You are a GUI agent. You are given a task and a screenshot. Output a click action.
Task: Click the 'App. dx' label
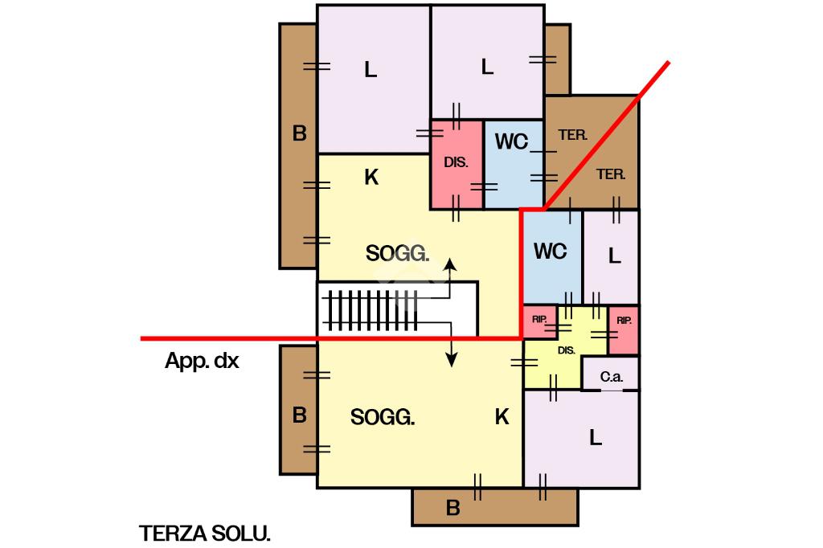click(202, 362)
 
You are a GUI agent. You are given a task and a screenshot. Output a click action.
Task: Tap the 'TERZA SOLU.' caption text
click(205, 534)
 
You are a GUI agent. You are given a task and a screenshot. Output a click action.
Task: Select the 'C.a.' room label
click(608, 376)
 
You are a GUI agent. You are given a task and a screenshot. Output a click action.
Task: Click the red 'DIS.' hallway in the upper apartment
click(456, 162)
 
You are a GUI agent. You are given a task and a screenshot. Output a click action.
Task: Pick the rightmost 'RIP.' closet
click(624, 321)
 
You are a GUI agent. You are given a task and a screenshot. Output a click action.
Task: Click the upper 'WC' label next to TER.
click(511, 142)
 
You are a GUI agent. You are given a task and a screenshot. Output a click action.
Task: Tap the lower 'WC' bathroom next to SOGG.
click(551, 252)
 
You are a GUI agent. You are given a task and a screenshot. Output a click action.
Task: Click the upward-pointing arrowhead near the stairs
click(452, 264)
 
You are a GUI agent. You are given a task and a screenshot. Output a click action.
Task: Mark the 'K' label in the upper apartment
click(371, 178)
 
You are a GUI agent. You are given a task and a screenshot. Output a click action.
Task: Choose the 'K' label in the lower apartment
click(502, 416)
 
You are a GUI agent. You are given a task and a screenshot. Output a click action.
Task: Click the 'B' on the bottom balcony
click(452, 508)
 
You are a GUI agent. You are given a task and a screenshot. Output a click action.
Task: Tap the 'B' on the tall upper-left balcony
click(299, 133)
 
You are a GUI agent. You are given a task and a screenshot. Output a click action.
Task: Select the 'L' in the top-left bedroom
click(370, 70)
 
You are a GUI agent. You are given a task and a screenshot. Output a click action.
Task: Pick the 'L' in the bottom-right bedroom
click(595, 438)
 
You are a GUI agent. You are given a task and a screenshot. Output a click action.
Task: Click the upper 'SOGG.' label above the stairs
click(397, 254)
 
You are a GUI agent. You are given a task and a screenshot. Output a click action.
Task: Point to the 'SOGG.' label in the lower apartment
click(383, 417)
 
